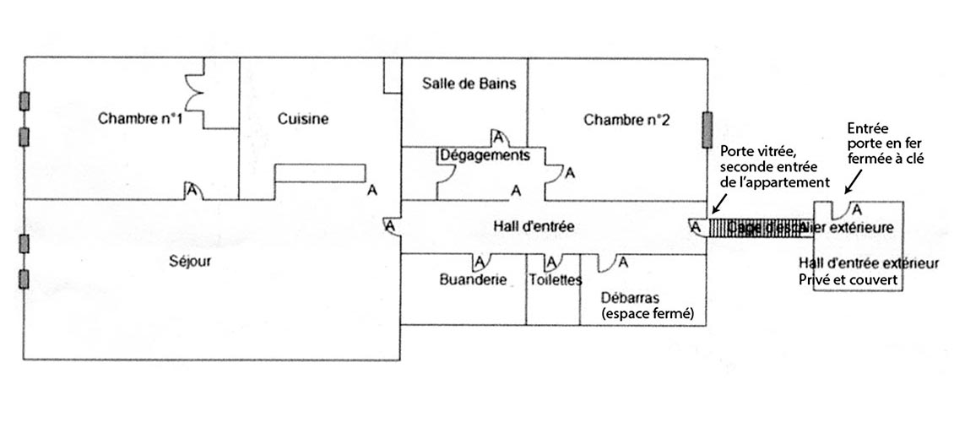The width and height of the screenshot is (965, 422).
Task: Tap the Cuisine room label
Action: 302,119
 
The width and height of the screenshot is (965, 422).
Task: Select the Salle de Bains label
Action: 468,84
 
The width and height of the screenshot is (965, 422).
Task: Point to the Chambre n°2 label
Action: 626,120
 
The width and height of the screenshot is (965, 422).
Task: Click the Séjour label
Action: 191,262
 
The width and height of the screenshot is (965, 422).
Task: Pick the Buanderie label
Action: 473,280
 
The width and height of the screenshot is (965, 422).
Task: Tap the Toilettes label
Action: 556,280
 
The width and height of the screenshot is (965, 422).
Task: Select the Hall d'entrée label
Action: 534,225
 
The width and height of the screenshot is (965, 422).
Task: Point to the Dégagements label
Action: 485,156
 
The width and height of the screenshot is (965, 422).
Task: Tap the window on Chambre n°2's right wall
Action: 707,128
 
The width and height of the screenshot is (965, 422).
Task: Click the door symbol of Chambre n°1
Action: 192,192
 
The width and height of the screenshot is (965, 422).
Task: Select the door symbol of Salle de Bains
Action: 498,137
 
